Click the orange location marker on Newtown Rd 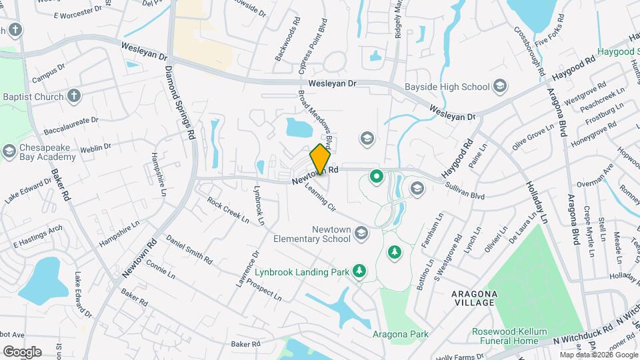coord(320,159)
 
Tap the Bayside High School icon coord(500,86)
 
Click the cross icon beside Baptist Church coord(74,97)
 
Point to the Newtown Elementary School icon coord(361,233)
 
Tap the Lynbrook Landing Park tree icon coord(360,270)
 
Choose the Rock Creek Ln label coord(227,209)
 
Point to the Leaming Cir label coord(319,197)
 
